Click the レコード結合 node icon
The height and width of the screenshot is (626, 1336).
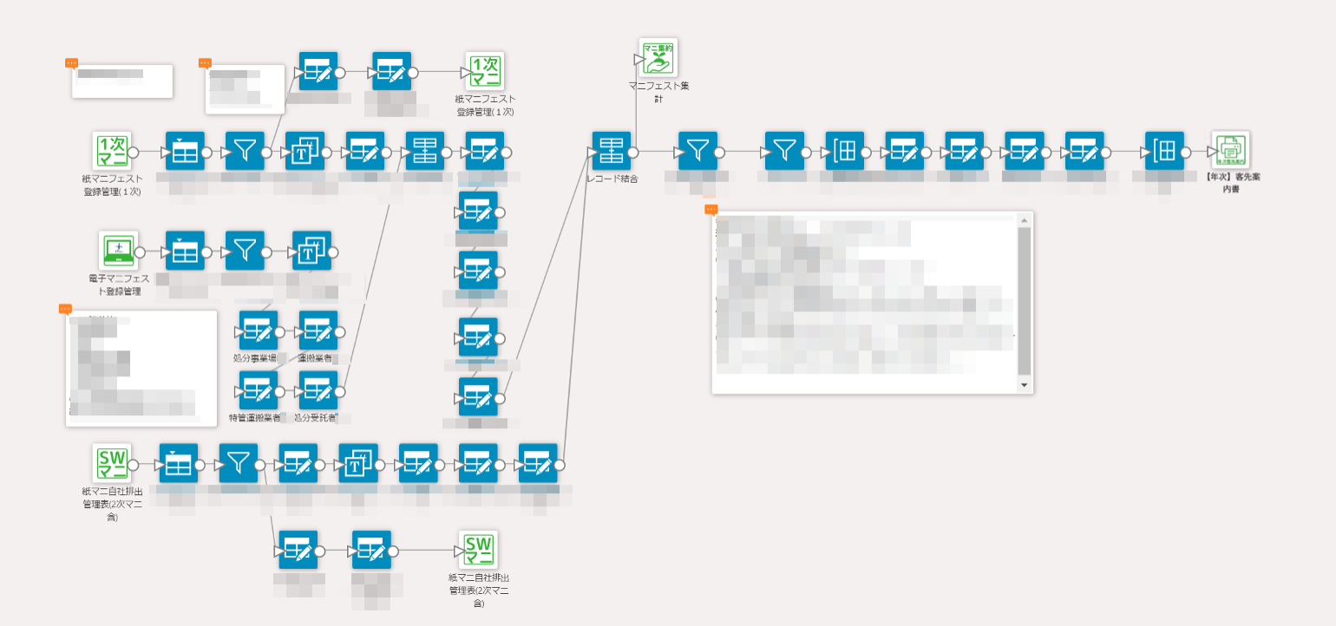[612, 151]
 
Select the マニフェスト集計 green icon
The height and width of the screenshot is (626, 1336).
[658, 57]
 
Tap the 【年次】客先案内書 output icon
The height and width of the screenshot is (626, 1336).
[1231, 151]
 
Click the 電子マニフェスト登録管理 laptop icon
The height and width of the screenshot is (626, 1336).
[118, 251]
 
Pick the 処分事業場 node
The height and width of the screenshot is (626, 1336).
[259, 330]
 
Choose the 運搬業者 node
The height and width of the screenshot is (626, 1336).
[318, 330]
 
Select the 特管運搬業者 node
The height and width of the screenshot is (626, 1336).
[259, 390]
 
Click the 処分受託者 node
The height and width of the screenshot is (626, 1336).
[318, 390]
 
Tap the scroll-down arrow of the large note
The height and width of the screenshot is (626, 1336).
[1024, 385]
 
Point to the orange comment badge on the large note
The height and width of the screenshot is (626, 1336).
[711, 209]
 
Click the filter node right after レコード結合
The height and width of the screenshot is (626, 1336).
[697, 151]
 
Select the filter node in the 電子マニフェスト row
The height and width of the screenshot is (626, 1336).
[245, 251]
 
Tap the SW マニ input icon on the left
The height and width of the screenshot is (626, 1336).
[112, 463]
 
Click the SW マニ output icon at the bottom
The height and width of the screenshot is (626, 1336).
[478, 550]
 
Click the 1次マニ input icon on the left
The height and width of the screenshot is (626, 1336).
[112, 151]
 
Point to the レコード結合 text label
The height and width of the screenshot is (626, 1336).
[612, 179]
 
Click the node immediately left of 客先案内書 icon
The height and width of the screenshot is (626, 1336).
[1164, 151]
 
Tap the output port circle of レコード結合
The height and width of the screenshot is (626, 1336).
[633, 152]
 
